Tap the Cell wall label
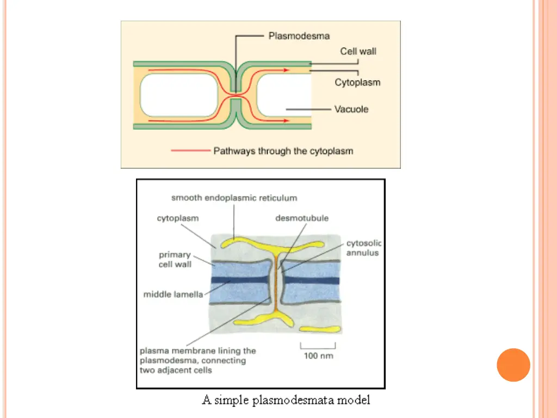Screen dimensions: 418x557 click(x=358, y=51)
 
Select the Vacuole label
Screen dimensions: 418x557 click(x=351, y=109)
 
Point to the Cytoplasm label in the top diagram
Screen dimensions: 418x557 click(x=357, y=83)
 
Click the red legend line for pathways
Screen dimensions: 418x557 click(x=190, y=151)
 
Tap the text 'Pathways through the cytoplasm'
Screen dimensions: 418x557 click(x=283, y=151)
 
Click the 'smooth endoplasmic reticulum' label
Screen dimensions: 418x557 click(x=234, y=198)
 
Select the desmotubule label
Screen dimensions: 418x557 click(x=302, y=218)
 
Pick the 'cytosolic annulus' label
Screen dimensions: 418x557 click(x=363, y=248)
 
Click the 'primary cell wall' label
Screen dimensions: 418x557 click(x=175, y=259)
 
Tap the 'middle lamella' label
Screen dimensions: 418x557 click(x=173, y=294)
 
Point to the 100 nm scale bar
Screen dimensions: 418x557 click(x=318, y=346)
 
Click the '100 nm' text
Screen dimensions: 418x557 click(x=318, y=356)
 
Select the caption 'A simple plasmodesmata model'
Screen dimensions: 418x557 click(x=286, y=401)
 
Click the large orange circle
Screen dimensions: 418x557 click(x=513, y=365)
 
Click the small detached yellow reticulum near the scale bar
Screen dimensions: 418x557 click(x=320, y=329)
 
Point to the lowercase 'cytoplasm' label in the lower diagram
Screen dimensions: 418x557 click(x=178, y=218)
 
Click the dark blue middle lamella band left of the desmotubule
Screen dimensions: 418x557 click(x=243, y=280)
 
